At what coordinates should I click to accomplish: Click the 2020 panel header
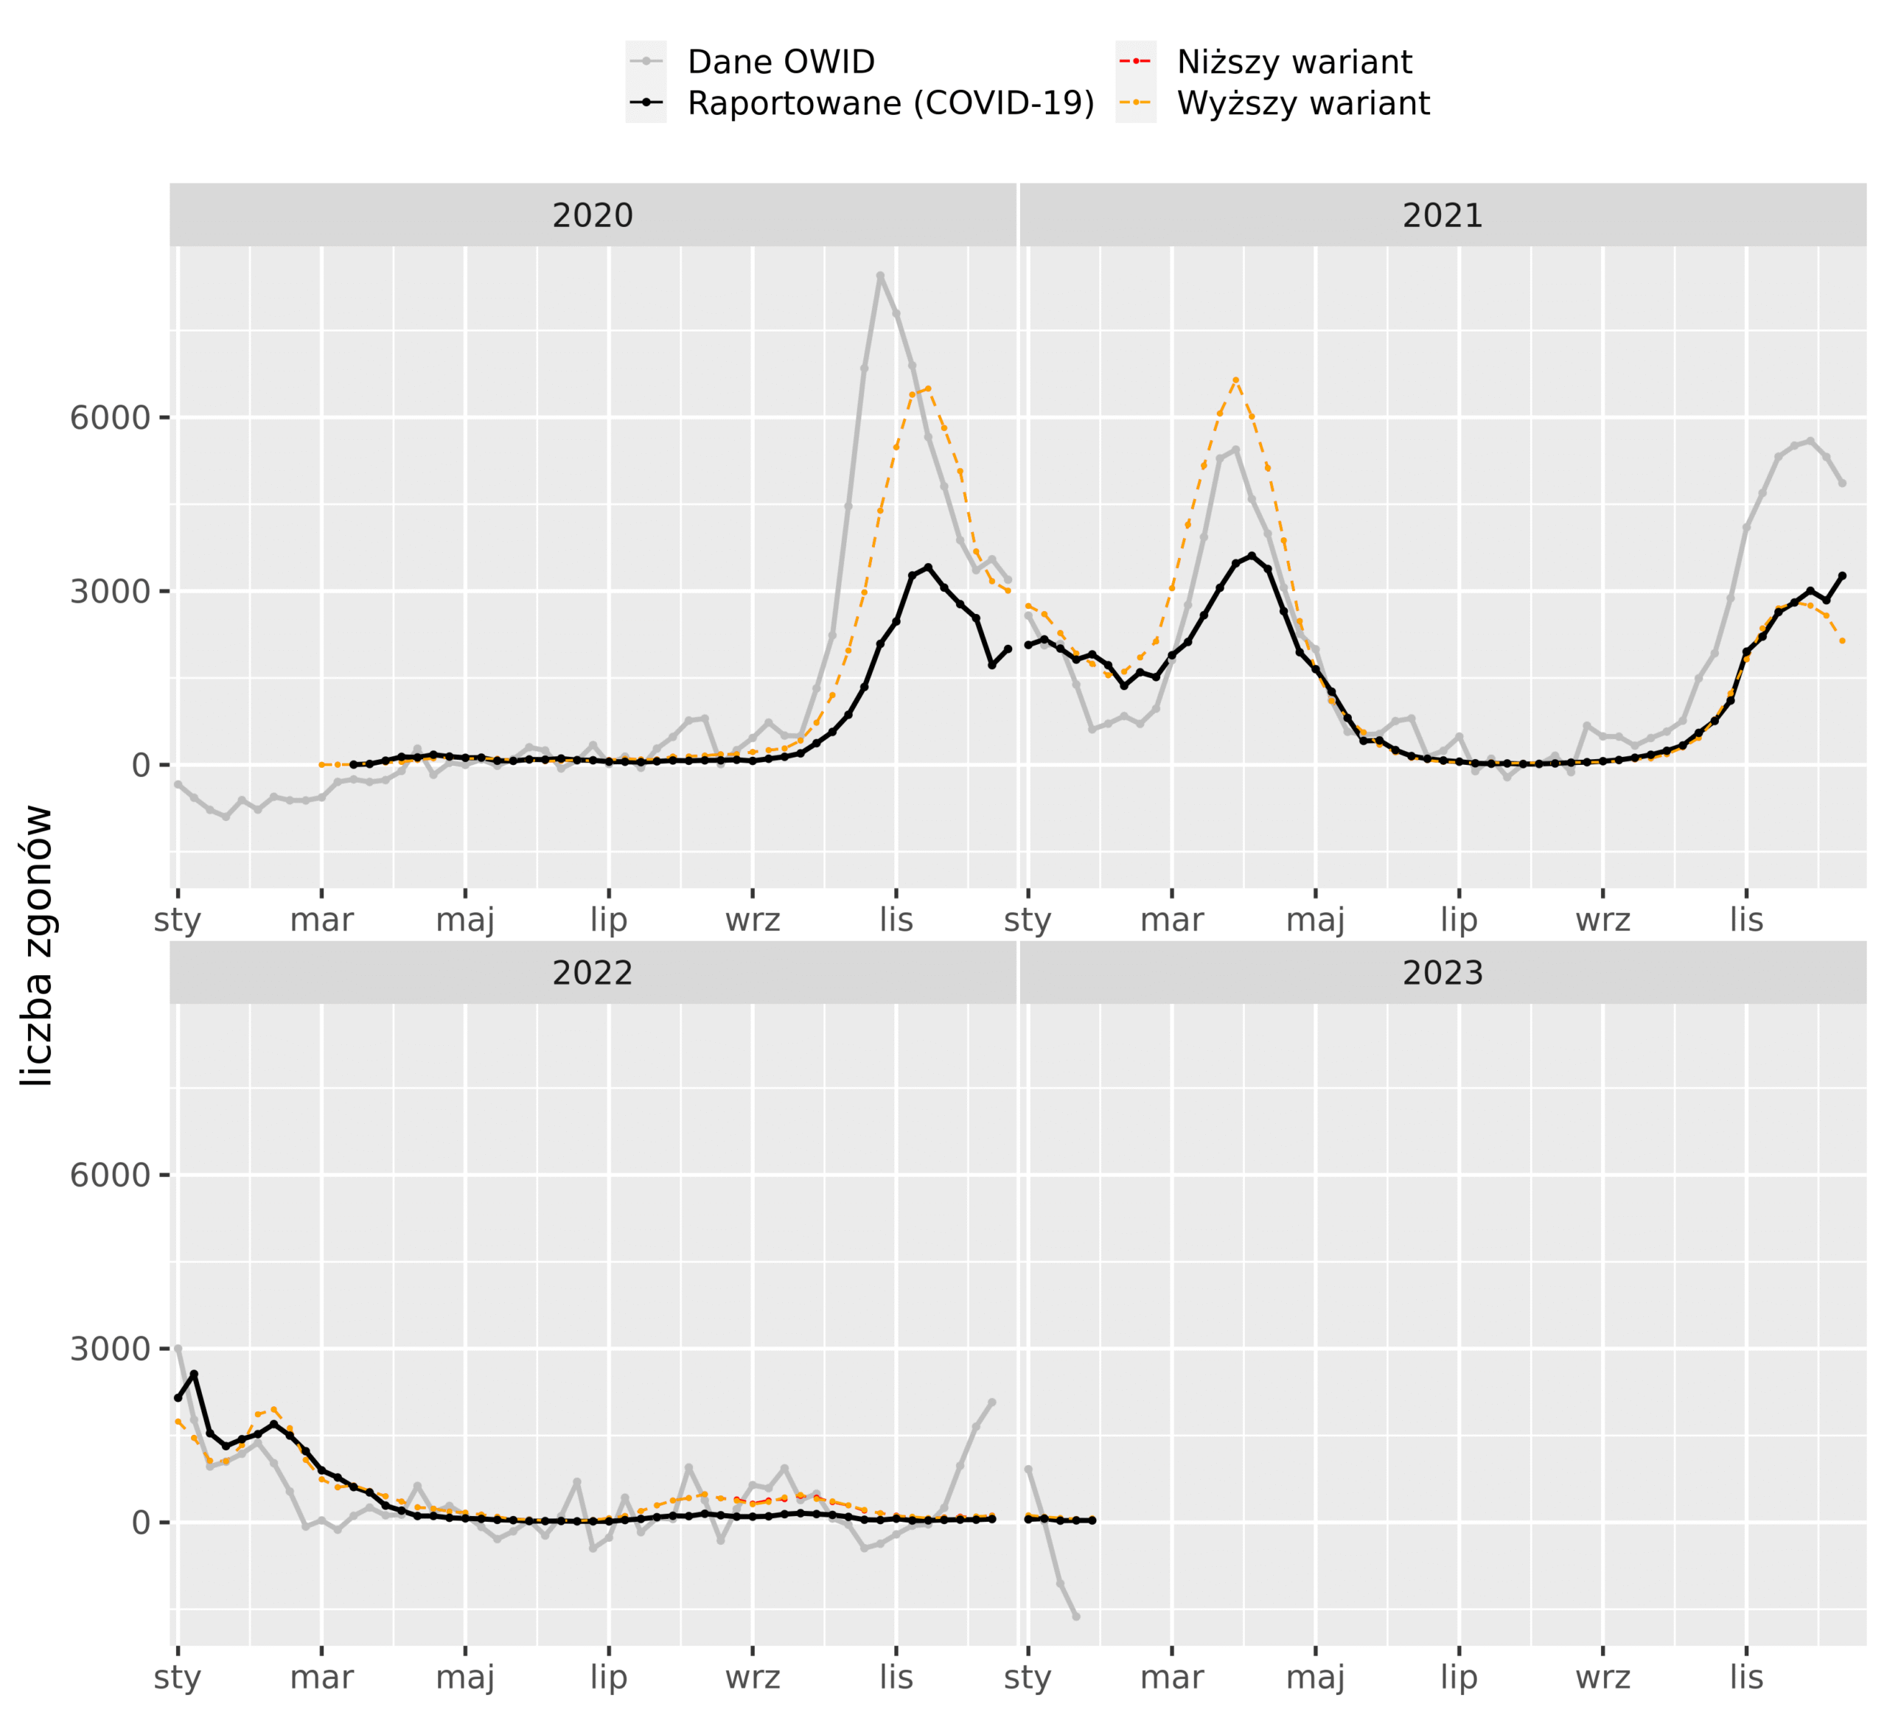pos(593,215)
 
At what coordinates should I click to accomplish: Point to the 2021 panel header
pos(1443,215)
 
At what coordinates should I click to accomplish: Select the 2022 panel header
pos(593,973)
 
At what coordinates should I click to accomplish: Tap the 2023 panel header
pos(1443,973)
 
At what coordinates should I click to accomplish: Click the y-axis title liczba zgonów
pos(38,945)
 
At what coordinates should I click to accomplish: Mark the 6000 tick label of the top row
pos(111,418)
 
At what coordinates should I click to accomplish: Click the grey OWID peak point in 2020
pos(880,275)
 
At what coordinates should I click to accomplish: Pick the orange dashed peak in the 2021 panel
pos(1235,380)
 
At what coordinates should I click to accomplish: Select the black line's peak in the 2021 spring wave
pos(1252,556)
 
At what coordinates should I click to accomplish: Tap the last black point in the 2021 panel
pos(1842,576)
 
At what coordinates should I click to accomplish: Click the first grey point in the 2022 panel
pos(178,1348)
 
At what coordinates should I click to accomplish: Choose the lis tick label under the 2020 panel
pos(896,921)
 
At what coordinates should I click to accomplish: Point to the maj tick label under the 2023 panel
pos(1315,1677)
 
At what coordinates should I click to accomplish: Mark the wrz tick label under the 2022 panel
pos(753,1677)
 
